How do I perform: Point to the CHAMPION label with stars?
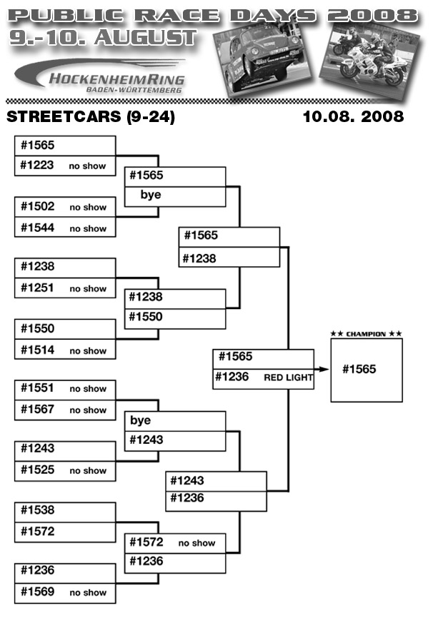tap(367, 334)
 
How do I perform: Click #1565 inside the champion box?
tap(359, 369)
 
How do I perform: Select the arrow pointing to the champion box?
tap(322, 369)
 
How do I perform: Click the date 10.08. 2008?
tap(353, 116)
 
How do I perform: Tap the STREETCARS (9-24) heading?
tap(89, 116)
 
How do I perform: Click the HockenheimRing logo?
tap(104, 77)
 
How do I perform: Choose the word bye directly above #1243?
tap(140, 420)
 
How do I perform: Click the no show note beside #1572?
tap(196, 543)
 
